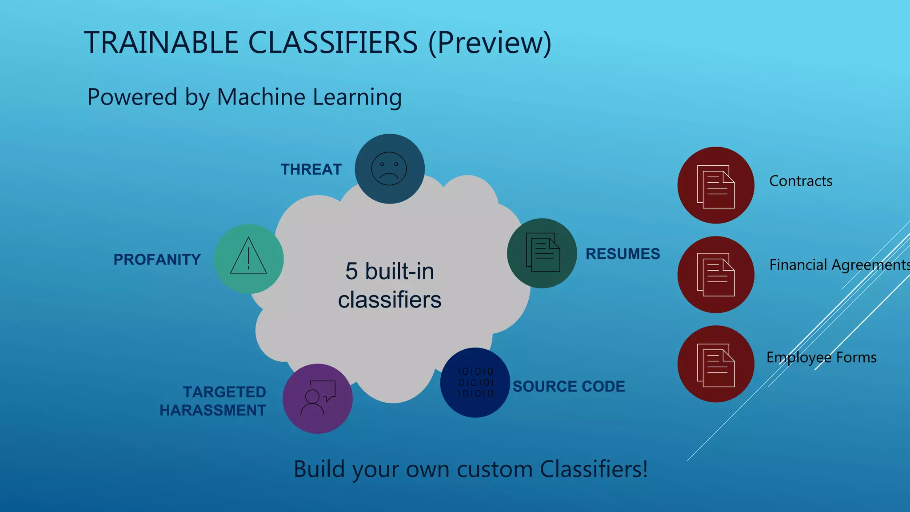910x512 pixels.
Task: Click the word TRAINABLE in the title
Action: (161, 43)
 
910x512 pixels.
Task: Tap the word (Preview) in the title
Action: (490, 43)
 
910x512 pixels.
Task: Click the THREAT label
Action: (311, 169)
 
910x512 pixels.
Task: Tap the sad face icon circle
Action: (389, 169)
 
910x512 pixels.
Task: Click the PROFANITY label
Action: (157, 260)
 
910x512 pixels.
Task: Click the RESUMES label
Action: (623, 254)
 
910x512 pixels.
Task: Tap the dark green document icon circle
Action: (542, 253)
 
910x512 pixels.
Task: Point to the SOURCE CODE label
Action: (569, 386)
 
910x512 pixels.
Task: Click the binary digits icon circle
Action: (475, 382)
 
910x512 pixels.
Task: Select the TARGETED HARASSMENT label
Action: (213, 401)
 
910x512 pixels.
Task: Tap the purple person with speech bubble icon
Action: (317, 398)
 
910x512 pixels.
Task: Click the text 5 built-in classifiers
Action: (389, 285)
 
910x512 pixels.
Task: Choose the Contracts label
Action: (801, 181)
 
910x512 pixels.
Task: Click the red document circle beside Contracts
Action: (715, 185)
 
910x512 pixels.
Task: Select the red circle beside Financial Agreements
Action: (715, 274)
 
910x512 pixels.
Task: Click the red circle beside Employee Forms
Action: (715, 364)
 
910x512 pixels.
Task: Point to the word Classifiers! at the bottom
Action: (594, 469)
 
